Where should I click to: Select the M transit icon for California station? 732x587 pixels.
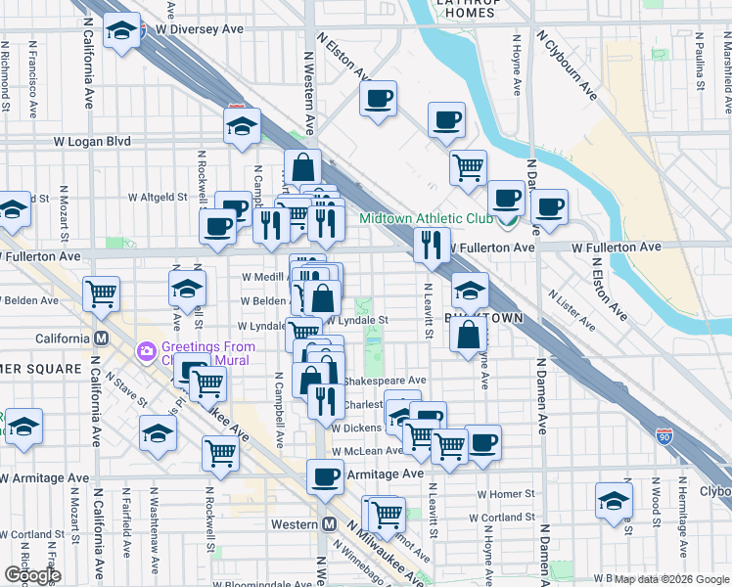(x=100, y=339)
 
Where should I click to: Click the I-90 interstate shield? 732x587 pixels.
(x=664, y=431)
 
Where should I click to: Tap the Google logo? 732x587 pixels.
(x=32, y=575)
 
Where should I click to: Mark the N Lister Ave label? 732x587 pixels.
(x=571, y=308)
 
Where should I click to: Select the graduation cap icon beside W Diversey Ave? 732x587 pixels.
(x=122, y=32)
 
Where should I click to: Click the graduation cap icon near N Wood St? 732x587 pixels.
(x=614, y=499)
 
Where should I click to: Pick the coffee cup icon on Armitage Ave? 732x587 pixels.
(x=326, y=476)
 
